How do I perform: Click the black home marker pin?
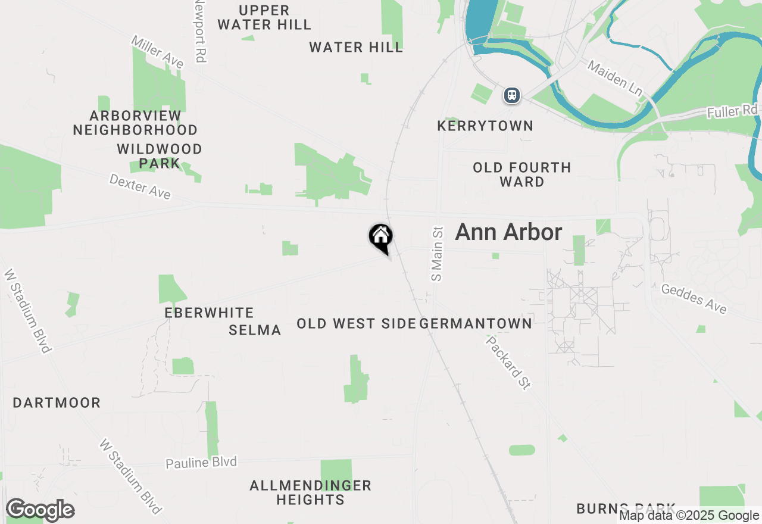381,237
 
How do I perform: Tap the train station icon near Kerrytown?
511,95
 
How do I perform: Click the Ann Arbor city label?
508,232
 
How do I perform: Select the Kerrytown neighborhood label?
485,126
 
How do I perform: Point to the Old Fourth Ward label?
522,174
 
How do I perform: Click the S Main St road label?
438,253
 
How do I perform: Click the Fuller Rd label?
732,111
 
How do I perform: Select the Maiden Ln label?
615,78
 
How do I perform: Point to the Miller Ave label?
158,52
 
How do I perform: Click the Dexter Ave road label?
140,186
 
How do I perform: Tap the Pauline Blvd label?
201,463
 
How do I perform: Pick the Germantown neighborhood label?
476,323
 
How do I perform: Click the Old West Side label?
356,323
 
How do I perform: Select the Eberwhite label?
209,313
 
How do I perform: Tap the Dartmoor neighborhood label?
57,403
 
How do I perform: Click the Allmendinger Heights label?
310,492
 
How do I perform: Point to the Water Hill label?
356,48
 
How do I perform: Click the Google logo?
40,510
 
